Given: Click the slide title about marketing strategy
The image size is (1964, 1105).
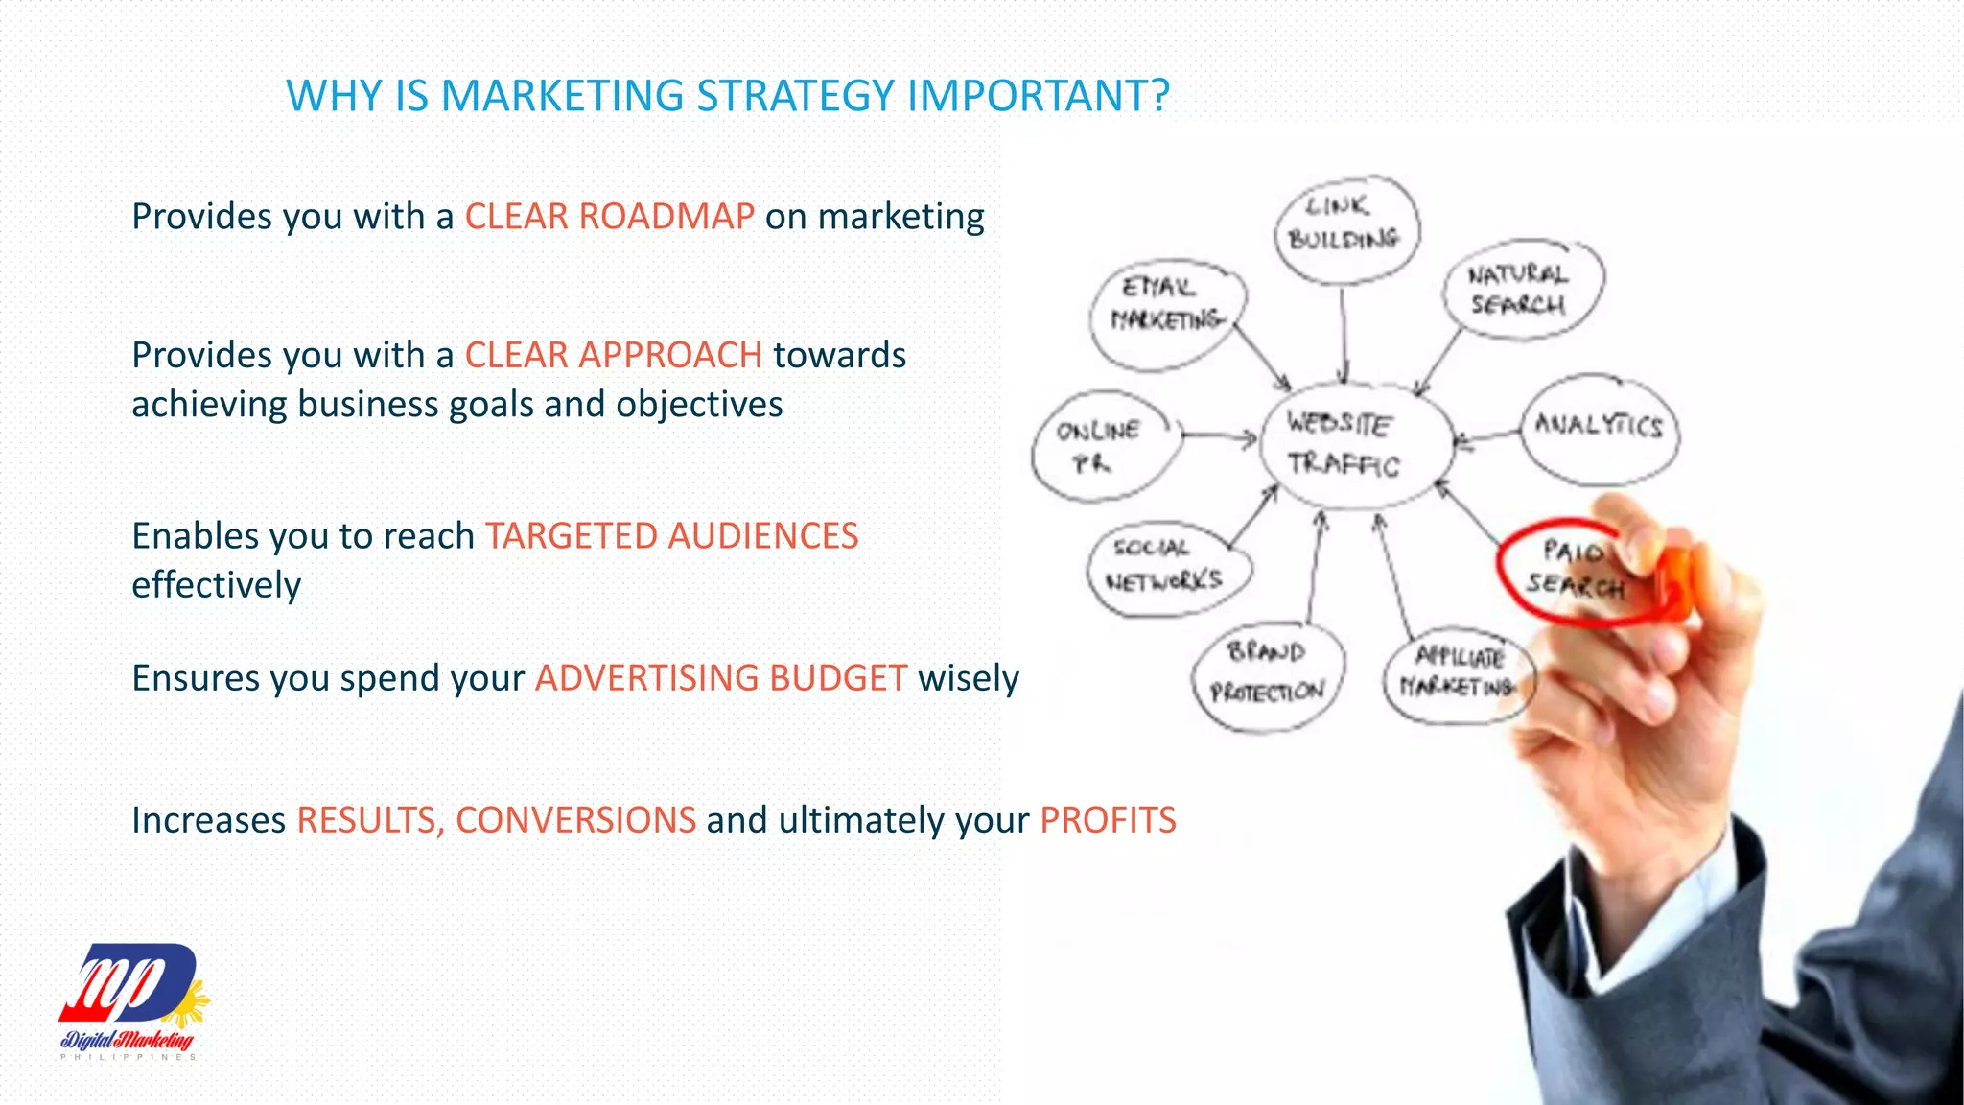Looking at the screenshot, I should pyautogui.click(x=728, y=96).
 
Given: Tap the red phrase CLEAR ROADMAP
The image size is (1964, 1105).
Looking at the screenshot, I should pyautogui.click(x=609, y=217).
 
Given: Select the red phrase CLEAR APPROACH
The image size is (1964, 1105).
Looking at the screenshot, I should pyautogui.click(x=614, y=356).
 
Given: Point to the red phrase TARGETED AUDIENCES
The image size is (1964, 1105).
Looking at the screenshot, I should pyautogui.click(x=671, y=536).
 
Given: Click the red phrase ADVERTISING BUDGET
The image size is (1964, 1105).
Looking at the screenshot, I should pyautogui.click(x=721, y=678).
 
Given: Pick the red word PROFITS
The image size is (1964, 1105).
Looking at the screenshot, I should pyautogui.click(x=1108, y=820).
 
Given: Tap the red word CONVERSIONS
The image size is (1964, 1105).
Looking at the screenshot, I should pyautogui.click(x=575, y=820).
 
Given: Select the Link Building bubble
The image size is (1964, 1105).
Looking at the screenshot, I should pyautogui.click(x=1345, y=226).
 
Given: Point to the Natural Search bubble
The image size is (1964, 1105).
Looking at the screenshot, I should pyautogui.click(x=1521, y=289).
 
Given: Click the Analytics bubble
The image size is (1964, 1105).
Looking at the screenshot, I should pyautogui.click(x=1599, y=426).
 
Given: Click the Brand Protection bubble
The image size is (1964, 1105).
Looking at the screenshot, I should pyautogui.click(x=1268, y=675).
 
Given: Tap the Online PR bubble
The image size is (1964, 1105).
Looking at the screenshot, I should pyautogui.click(x=1101, y=447).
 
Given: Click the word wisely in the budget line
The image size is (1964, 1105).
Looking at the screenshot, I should pyautogui.click(x=969, y=678).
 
